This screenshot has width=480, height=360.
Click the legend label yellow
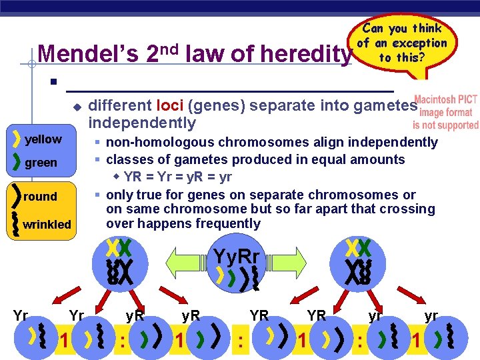coord(43,139)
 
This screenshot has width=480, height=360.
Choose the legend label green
coord(41,163)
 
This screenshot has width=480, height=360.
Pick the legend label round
coord(40,197)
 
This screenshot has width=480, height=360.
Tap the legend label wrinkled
coord(47,225)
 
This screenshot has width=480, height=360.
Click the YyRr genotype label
coord(237,256)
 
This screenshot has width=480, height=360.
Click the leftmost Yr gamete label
coord(20,315)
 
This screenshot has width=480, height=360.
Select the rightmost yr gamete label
coord(431,315)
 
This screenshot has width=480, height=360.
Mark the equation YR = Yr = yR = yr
coord(177,177)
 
